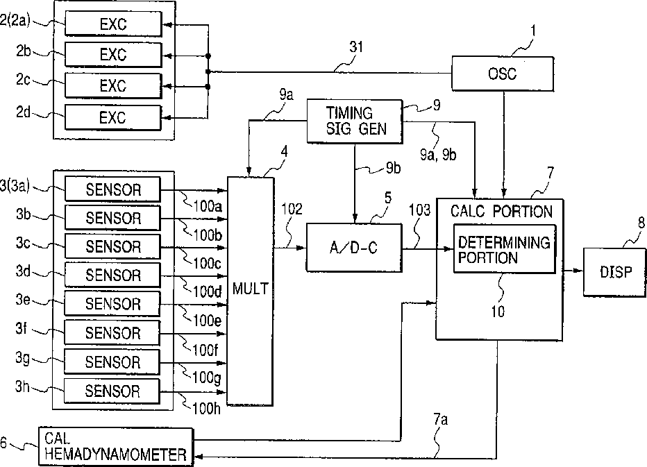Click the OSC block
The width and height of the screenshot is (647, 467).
(503, 74)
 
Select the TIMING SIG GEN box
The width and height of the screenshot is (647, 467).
(355, 121)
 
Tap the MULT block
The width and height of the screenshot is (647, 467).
(251, 291)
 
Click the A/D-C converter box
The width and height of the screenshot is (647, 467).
(354, 248)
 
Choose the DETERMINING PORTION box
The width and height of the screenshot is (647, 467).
(505, 248)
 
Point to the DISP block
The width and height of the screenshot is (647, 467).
(615, 272)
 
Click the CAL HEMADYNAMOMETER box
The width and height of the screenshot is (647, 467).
(115, 447)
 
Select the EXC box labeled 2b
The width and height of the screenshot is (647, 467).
(113, 54)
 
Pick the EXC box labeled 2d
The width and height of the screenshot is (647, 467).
(113, 117)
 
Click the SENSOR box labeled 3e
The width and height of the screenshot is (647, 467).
(112, 304)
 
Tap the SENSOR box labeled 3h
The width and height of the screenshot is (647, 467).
(112, 391)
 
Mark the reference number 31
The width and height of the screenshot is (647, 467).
(356, 47)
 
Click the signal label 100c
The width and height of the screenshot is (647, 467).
(207, 263)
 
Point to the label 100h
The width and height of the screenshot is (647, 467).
(206, 409)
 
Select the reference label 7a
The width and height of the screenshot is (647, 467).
(440, 420)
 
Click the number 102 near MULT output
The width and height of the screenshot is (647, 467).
(292, 209)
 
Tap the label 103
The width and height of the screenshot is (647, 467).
(419, 210)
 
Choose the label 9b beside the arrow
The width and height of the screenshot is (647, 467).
(393, 168)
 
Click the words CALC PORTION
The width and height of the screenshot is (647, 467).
(501, 211)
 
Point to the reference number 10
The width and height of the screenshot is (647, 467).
(498, 312)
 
